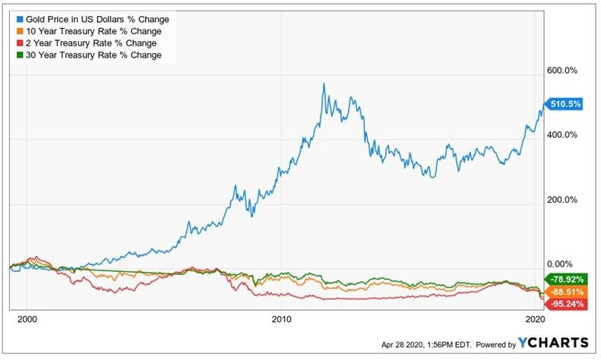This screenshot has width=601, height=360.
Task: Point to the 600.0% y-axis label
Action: coord(563,71)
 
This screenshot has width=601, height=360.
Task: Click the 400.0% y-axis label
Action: coord(563,135)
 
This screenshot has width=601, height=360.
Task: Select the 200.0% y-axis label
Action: coord(563,200)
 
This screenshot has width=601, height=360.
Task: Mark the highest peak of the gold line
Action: coord(324,84)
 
